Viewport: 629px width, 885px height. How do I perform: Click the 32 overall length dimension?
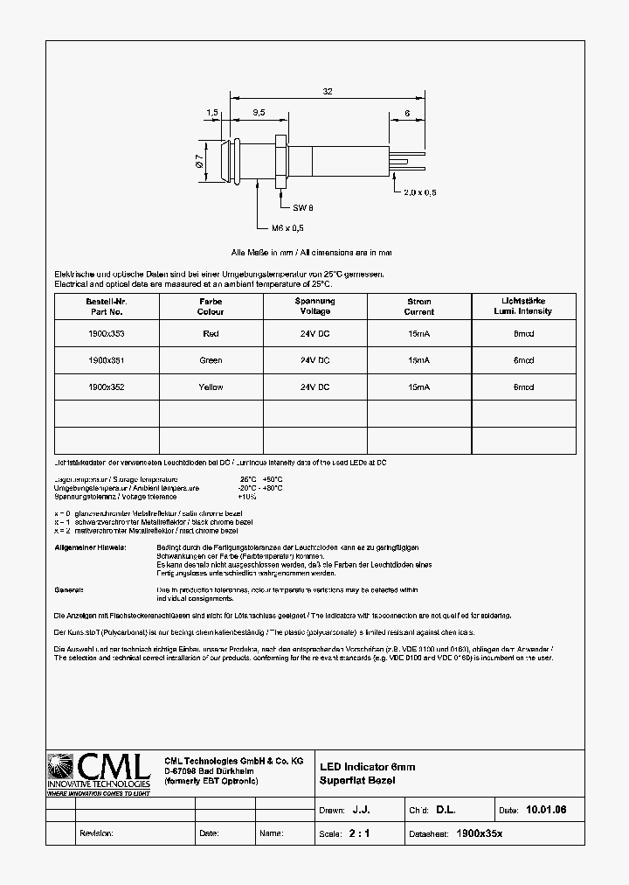(327, 90)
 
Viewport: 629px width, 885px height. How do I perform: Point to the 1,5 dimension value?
(212, 113)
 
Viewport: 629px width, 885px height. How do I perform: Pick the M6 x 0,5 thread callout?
(287, 228)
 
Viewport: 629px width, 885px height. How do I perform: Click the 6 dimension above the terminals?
(407, 113)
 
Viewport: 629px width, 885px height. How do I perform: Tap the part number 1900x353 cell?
(107, 333)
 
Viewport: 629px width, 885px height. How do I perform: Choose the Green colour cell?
(211, 360)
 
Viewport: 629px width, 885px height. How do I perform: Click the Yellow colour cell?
(211, 387)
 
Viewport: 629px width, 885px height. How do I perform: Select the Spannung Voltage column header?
(314, 306)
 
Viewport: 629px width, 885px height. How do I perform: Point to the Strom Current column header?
(419, 306)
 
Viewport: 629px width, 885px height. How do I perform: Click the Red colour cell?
(211, 333)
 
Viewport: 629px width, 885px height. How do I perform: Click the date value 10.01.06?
(546, 811)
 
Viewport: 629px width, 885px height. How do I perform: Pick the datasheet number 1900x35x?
(480, 833)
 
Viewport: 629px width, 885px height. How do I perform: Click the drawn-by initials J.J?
(372, 811)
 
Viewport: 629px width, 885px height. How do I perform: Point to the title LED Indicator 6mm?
(367, 767)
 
